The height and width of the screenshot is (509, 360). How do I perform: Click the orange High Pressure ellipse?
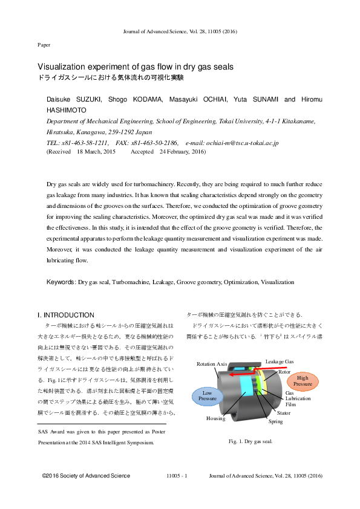303,381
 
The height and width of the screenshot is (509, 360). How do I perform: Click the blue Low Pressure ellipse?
208,396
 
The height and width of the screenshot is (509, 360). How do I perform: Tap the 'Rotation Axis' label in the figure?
212,364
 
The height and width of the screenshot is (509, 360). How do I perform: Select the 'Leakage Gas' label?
280,361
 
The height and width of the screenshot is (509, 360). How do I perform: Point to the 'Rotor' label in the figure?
285,372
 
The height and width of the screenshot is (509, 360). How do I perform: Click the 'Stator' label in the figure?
284,413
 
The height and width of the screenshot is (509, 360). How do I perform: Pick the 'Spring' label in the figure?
275,421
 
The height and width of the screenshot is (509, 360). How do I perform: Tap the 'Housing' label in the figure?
215,418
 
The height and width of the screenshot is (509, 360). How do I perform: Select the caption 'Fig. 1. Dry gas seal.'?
250,441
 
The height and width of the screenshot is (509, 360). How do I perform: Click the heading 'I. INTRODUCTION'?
66,315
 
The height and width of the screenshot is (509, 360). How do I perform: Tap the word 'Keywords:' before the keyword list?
62,282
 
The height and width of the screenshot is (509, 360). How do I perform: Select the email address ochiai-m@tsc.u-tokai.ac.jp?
232,143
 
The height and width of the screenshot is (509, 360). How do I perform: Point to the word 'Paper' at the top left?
44,45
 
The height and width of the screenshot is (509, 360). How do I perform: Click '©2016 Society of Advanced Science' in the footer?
86,476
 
